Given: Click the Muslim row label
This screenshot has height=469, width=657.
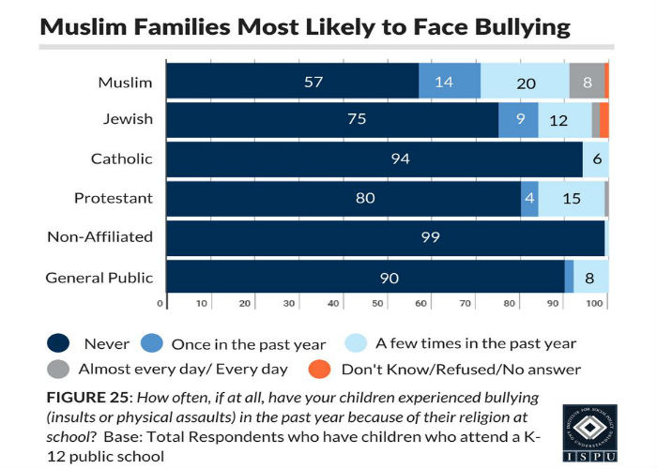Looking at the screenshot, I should (x=125, y=82).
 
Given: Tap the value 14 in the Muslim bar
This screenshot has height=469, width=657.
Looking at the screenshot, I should (x=444, y=82).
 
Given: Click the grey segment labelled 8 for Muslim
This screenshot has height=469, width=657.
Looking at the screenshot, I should (x=587, y=82).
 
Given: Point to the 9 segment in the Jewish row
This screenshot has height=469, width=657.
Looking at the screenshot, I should (x=518, y=120).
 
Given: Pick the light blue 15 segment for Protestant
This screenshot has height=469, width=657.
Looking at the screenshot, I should (x=572, y=198).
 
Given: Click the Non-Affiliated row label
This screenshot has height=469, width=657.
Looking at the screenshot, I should (x=99, y=236).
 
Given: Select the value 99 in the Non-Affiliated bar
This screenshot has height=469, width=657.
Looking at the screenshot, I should (x=431, y=238).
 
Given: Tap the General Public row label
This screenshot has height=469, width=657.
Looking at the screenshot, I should (x=99, y=277).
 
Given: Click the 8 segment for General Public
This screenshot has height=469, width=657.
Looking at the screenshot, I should (x=590, y=278).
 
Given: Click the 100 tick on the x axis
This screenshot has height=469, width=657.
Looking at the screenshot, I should (x=594, y=304).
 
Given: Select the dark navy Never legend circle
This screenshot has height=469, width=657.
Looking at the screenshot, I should (x=58, y=344).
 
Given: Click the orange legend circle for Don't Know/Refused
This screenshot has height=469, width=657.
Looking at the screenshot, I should (x=319, y=369).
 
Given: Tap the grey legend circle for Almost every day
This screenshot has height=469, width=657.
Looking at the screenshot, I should (x=58, y=369).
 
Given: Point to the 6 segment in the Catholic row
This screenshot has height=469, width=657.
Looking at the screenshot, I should (x=595, y=159).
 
